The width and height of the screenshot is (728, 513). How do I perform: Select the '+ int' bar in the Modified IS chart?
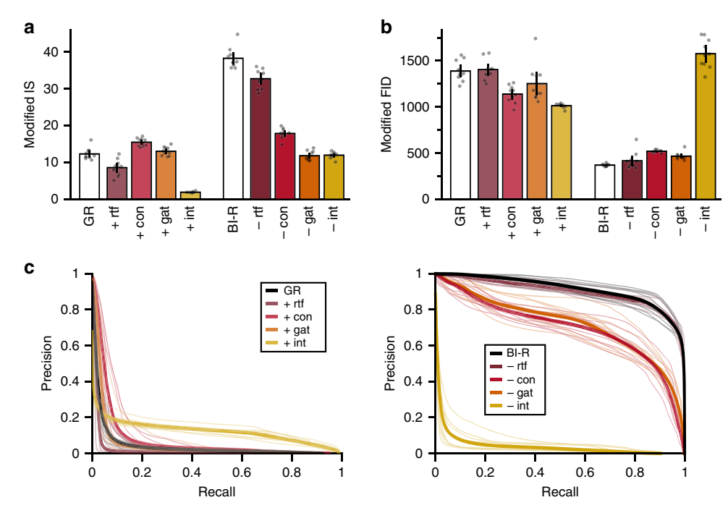(190, 195)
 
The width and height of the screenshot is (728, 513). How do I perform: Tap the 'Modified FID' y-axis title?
(387, 116)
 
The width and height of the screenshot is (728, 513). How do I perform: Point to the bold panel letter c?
(29, 268)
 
